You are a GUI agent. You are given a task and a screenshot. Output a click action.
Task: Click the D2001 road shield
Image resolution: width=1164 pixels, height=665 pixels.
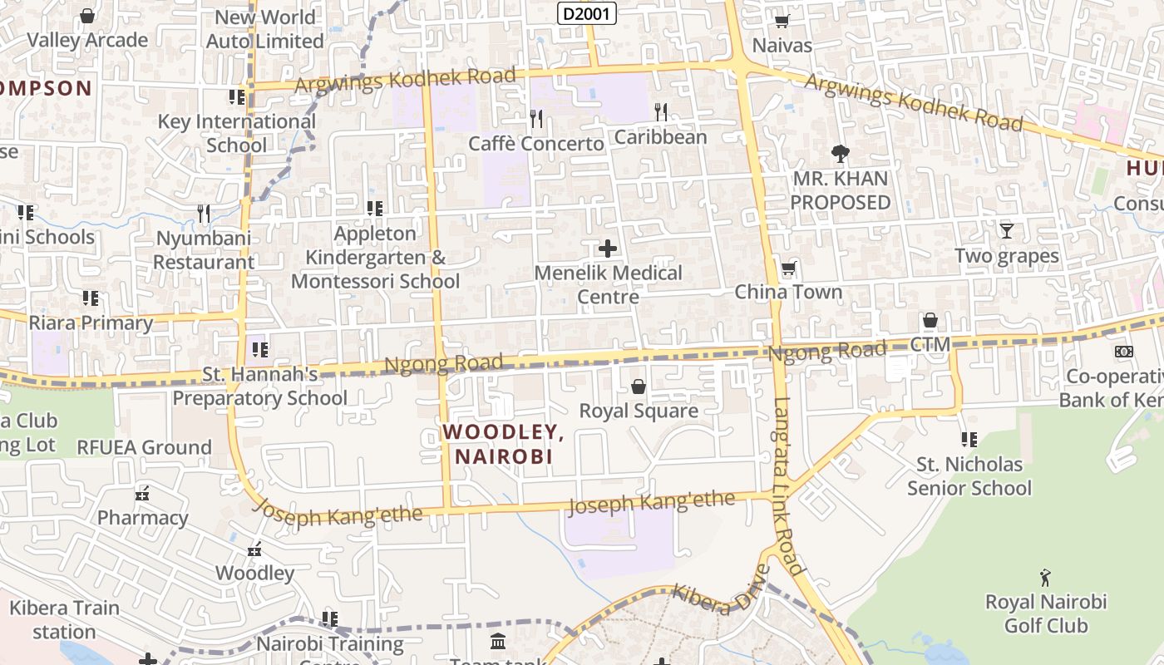[586, 13]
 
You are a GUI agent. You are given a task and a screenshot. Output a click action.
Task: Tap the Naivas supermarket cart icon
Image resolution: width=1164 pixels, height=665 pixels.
[782, 21]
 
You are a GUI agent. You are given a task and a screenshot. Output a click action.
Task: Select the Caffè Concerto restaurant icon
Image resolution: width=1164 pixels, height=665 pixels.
[536, 119]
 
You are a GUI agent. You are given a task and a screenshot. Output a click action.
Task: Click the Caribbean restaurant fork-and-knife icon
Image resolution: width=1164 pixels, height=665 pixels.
[661, 111]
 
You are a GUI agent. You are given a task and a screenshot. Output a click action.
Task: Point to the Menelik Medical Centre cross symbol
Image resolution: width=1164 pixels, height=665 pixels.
[608, 248]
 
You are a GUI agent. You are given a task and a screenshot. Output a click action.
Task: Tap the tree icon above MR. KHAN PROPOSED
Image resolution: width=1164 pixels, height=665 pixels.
[840, 153]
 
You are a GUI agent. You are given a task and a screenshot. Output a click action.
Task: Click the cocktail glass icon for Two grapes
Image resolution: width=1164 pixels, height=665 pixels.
[1007, 230]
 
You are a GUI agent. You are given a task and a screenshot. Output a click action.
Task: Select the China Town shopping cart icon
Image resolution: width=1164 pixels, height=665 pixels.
[788, 268]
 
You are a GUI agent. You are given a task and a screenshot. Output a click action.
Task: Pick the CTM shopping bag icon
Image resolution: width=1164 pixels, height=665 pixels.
[930, 321]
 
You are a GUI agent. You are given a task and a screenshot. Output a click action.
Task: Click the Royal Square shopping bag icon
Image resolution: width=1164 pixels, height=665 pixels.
[639, 387]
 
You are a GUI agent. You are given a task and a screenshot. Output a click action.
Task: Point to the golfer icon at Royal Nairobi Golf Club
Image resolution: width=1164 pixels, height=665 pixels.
[1045, 577]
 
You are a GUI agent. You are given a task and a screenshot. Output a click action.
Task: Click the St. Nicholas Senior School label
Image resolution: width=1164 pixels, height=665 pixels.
[969, 475]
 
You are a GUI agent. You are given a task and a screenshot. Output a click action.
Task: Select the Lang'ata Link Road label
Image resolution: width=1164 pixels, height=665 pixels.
[790, 486]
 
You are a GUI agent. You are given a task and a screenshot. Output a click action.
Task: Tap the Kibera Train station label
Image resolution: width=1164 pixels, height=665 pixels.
[64, 619]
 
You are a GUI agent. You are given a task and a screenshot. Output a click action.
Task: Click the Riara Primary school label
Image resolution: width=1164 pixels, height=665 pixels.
[91, 323]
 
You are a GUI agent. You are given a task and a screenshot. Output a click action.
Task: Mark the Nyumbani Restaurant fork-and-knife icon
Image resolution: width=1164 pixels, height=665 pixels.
[204, 214]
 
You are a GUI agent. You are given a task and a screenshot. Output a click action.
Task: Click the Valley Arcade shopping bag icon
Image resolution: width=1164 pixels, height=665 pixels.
[87, 15]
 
